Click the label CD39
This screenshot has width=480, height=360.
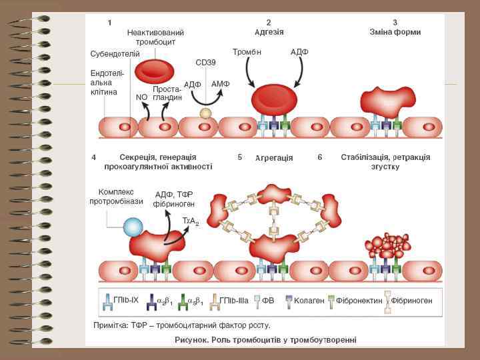pos(205,62)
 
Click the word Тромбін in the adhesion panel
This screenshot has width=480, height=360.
pos(247,52)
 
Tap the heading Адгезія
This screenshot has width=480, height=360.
pos(269,31)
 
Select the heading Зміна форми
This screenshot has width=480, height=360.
pos(395,31)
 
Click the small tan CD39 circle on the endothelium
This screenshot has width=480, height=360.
pos(206,113)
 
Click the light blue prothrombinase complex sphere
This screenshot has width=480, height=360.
pos(133,227)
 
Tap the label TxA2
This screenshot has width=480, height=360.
pos(191,221)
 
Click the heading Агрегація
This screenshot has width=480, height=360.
pos(274,158)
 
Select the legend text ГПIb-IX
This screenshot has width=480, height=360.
pos(126,300)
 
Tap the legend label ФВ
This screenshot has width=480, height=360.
pos(268,301)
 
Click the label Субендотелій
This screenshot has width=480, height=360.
pos(115,53)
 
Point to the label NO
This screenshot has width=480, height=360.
pos(141,97)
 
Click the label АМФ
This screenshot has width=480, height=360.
pos(220,84)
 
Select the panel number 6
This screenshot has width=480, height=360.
pos(320,157)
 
